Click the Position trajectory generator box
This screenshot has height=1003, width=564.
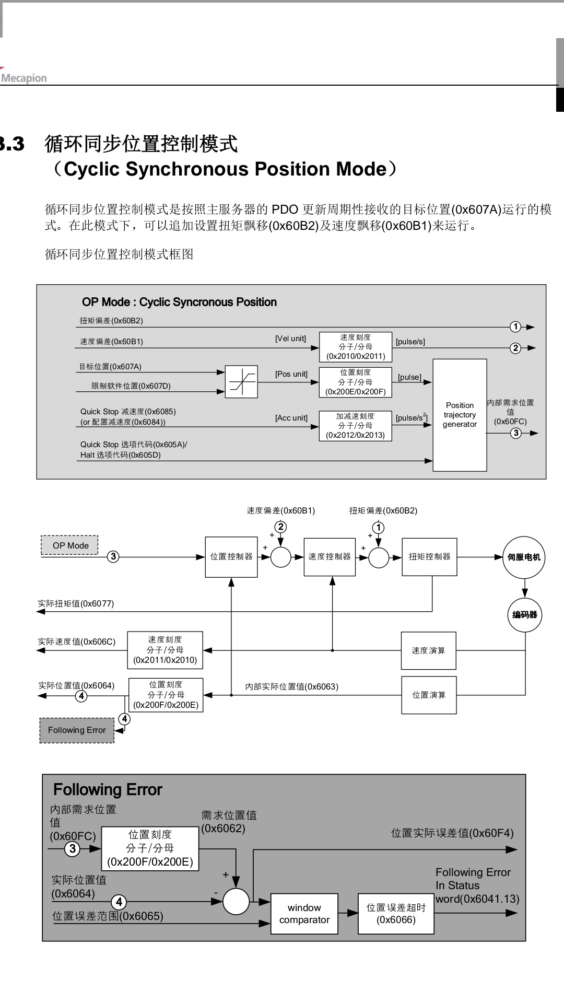tap(460, 415)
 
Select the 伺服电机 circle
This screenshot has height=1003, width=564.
tap(524, 557)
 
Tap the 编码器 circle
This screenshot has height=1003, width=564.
tap(525, 615)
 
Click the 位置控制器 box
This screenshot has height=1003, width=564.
tap(231, 557)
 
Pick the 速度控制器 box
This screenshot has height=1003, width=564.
tap(330, 557)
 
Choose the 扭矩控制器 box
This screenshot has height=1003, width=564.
tap(429, 557)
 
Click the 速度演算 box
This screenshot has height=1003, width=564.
tap(428, 650)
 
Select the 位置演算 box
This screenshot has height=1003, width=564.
tap(429, 695)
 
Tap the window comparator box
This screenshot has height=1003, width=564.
tap(304, 914)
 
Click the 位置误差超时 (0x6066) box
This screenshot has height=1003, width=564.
tap(396, 914)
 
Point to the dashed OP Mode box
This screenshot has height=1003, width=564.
tap(70, 545)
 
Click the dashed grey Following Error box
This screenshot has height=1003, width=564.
tap(77, 730)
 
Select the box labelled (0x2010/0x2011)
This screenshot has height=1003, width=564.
tap(356, 347)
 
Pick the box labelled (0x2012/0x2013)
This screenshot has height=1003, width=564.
tap(355, 426)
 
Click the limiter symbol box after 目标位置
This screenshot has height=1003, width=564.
tap(241, 382)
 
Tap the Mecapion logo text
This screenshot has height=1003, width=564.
tap(24, 78)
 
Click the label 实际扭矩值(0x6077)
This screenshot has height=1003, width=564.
tap(76, 604)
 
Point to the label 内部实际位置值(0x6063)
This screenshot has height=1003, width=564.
tap(292, 686)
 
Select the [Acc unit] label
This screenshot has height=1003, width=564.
tap(291, 418)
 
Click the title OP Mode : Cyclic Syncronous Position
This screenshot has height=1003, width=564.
tap(179, 302)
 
